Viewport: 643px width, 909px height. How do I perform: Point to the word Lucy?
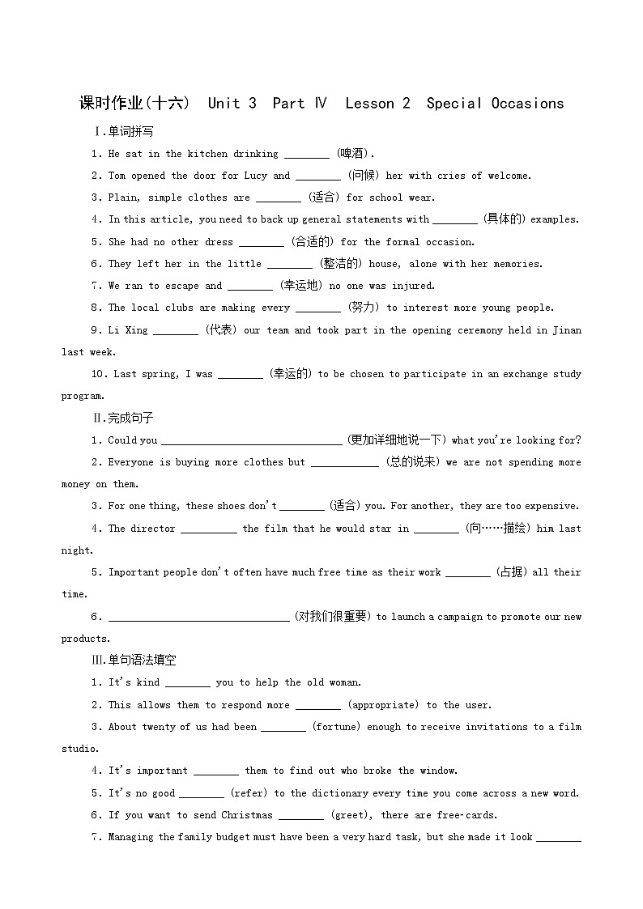255,176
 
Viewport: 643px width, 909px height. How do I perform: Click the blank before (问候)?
317,176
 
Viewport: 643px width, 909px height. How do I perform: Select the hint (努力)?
363,308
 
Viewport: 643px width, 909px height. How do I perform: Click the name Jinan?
564,330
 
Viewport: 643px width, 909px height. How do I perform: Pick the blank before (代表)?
175,330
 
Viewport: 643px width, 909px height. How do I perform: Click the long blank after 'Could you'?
251,440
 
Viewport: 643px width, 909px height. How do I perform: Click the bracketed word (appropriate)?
383,705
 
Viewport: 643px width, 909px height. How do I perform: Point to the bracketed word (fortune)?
335,727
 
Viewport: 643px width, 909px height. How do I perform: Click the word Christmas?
247,815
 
